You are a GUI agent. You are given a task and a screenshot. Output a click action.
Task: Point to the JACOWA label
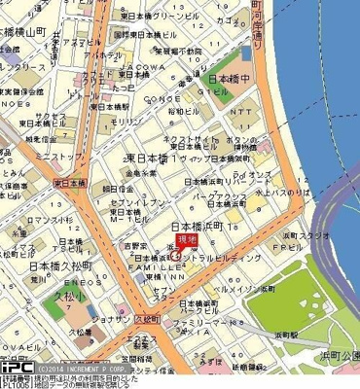140,69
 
